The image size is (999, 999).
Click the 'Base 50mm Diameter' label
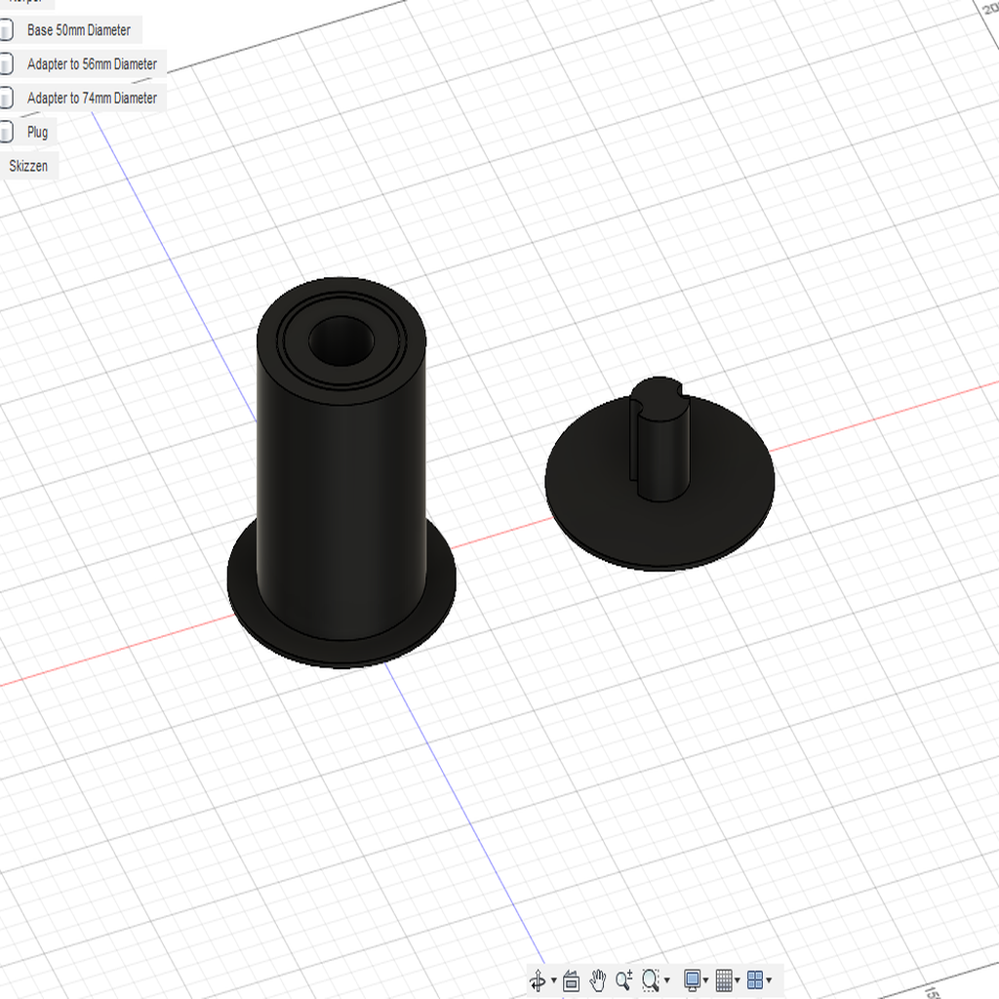pyautogui.click(x=78, y=30)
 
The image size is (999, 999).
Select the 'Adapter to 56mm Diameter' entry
pyautogui.click(x=92, y=64)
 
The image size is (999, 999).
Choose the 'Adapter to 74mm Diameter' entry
pyautogui.click(x=92, y=98)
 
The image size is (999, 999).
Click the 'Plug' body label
pyautogui.click(x=37, y=132)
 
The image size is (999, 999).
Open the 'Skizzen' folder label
pyautogui.click(x=28, y=166)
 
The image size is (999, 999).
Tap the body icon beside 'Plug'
pyautogui.click(x=6, y=132)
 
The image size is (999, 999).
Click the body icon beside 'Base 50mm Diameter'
pyautogui.click(x=6, y=30)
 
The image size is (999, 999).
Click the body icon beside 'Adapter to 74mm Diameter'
pyautogui.click(x=6, y=98)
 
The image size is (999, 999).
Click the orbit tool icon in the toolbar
pyautogui.click(x=538, y=980)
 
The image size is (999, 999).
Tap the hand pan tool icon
pyautogui.click(x=598, y=979)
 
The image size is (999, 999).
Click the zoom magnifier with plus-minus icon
pyautogui.click(x=624, y=979)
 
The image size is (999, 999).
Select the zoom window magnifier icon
pyautogui.click(x=652, y=979)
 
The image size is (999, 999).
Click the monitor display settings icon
pyautogui.click(x=693, y=979)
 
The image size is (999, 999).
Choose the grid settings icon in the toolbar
pyautogui.click(x=724, y=979)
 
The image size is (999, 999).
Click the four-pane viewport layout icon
pyautogui.click(x=756, y=979)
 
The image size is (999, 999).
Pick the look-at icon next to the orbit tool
pyautogui.click(x=572, y=980)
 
